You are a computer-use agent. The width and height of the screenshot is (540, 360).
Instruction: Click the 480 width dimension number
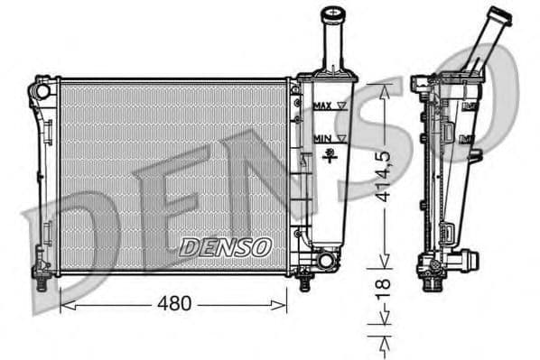[174, 304]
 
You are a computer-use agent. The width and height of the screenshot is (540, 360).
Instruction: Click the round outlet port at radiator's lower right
[324, 260]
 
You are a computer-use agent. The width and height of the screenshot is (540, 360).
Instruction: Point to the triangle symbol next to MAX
[340, 106]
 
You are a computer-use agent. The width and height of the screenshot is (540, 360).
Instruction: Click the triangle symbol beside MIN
[340, 138]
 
